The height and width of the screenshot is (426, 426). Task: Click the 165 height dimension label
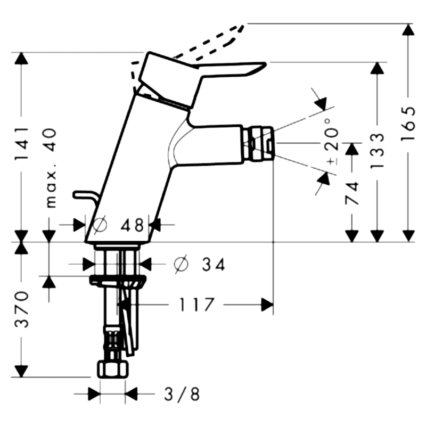(408, 123)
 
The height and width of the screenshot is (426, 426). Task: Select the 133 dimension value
(378, 150)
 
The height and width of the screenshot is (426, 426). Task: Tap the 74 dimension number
(352, 193)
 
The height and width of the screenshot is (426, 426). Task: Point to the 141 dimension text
(21, 143)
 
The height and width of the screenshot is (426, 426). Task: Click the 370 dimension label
(21, 309)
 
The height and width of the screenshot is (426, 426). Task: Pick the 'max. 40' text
(51, 168)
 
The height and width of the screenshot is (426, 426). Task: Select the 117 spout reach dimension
(196, 305)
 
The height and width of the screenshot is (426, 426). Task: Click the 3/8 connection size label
(182, 394)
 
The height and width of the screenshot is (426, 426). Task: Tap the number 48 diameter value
(132, 225)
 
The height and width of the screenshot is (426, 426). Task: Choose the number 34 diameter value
(214, 264)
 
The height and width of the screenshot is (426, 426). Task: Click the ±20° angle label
(333, 142)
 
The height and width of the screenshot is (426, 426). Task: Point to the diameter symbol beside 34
(181, 264)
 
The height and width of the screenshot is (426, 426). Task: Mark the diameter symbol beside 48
(100, 225)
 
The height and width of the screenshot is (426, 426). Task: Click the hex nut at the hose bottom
(112, 369)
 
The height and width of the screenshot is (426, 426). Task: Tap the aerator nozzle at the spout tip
(258, 144)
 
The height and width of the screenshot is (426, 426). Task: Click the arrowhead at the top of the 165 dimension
(408, 30)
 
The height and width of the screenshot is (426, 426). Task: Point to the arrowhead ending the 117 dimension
(267, 305)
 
